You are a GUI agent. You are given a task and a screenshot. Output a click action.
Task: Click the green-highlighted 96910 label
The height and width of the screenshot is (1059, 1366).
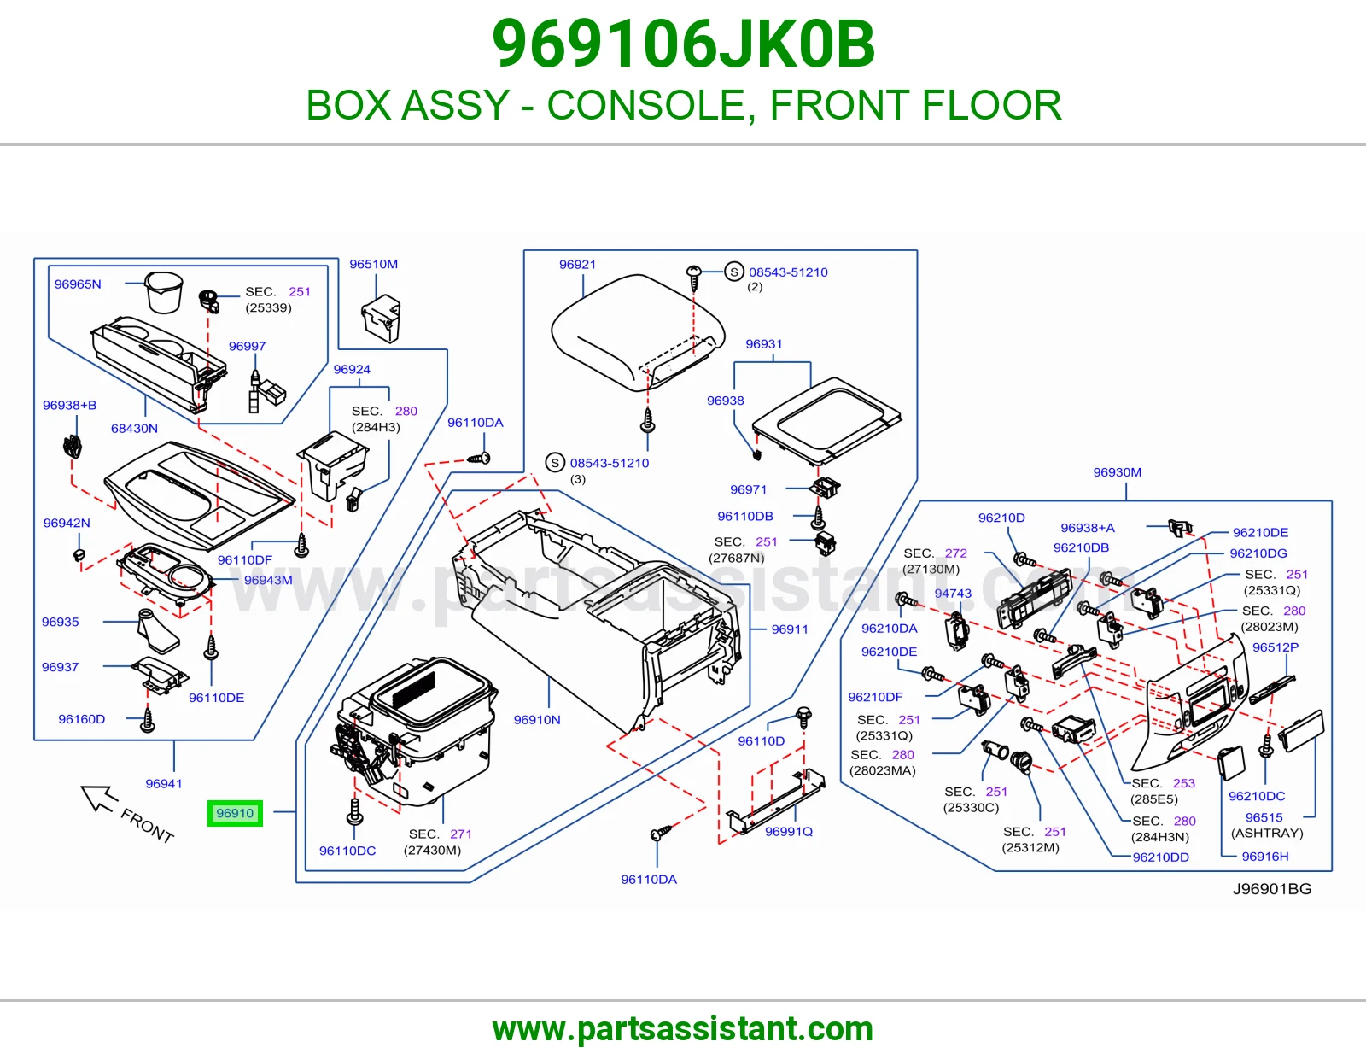235,813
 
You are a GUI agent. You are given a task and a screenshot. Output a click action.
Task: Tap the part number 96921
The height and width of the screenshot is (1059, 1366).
577,265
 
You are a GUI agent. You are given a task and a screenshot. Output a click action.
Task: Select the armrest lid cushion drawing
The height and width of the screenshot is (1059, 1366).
638,332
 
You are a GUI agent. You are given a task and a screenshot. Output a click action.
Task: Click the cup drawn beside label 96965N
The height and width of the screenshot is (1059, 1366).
163,292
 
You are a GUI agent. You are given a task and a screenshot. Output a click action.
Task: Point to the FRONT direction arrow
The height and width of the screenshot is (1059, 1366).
99,798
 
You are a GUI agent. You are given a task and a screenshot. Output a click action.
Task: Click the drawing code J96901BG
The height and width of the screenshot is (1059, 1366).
1272,888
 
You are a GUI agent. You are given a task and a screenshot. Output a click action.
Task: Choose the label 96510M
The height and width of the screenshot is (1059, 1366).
373,264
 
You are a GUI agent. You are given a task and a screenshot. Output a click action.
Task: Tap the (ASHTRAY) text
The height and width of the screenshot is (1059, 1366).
1267,834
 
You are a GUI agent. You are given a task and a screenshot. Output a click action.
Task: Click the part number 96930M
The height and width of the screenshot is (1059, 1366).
1117,472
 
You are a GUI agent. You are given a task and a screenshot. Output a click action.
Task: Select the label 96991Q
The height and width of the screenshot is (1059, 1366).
788,831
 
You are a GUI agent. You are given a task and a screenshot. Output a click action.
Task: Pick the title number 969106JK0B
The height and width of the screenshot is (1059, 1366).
683,44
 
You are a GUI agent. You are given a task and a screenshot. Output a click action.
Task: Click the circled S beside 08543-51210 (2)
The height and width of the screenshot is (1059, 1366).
733,272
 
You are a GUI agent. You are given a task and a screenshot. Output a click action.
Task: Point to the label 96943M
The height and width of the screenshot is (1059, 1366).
268,580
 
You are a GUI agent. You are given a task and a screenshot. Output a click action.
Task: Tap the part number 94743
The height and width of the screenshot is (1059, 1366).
953,593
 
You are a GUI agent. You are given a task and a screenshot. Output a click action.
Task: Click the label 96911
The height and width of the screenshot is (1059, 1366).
790,629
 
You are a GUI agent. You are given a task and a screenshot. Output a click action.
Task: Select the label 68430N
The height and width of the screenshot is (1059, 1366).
134,428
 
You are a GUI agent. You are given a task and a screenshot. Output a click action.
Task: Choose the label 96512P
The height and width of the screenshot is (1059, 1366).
1275,647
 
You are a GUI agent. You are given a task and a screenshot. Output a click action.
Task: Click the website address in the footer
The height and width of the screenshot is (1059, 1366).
683,1029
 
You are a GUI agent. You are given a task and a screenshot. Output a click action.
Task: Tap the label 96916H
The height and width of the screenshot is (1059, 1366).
1264,857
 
